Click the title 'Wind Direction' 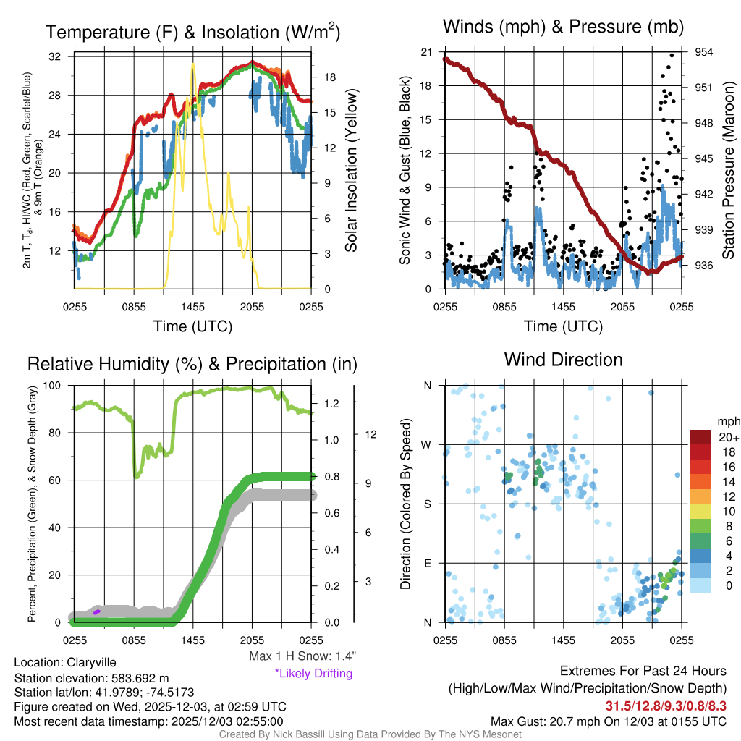tap(563, 360)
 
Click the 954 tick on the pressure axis tap(704, 52)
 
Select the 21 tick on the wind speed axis tap(426, 52)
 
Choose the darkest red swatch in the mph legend tap(700, 437)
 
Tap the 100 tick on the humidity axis tap(53, 385)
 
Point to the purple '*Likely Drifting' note tap(313, 674)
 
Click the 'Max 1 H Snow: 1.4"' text tap(302, 656)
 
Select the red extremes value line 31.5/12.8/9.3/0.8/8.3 tap(666, 705)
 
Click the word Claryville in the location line tap(91, 662)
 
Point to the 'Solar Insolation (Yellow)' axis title tap(352, 171)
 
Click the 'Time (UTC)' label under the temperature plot tap(193, 326)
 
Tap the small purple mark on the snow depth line tap(96, 612)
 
